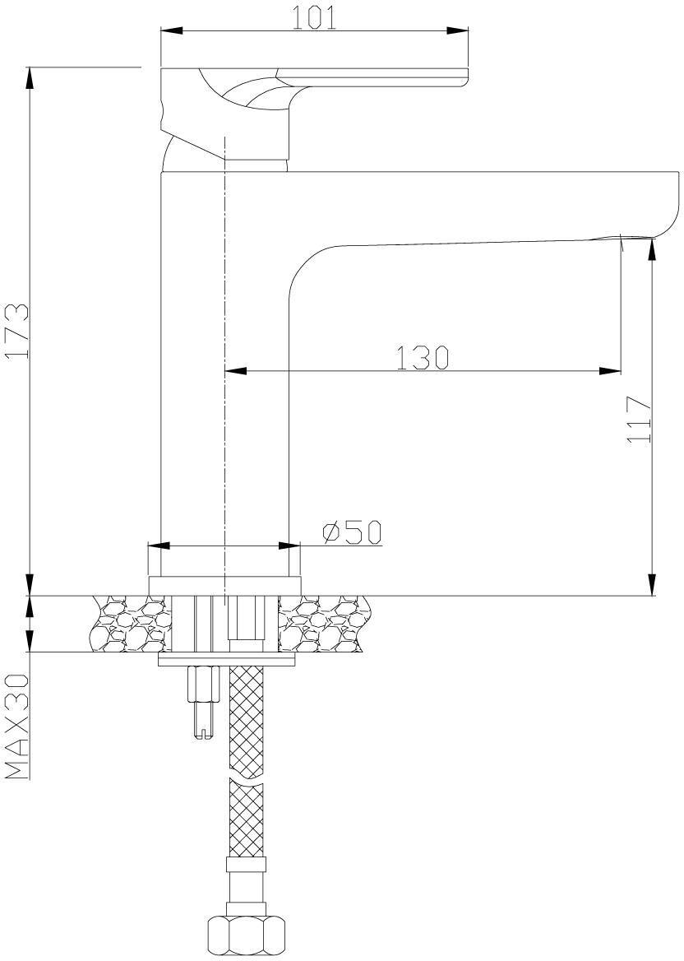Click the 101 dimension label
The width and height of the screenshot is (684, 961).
[313, 18]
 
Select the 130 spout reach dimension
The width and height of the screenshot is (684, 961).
[423, 358]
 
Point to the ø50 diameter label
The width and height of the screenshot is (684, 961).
[352, 532]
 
